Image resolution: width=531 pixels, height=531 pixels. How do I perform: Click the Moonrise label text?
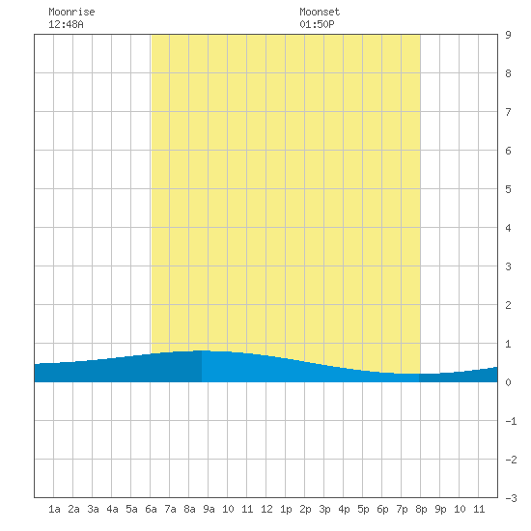(71, 12)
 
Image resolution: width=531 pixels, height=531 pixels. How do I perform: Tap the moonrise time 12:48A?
(66, 24)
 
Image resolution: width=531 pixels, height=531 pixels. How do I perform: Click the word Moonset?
(320, 12)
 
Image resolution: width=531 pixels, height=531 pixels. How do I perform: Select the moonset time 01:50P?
(317, 24)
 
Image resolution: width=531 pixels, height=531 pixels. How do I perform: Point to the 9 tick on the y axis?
(508, 35)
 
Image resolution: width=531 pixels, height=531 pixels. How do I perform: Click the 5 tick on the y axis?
(508, 189)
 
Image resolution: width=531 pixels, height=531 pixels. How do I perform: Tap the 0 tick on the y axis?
(508, 382)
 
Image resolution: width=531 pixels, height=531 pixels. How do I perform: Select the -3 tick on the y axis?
(511, 498)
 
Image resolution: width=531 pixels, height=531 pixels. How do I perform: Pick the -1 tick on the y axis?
(511, 421)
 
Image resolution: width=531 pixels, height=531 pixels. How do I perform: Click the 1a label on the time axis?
(54, 509)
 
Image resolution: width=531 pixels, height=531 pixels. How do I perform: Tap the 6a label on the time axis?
(151, 509)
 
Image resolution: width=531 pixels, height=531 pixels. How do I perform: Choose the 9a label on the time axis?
(209, 509)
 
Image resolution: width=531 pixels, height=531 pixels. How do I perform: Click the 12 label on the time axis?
(266, 509)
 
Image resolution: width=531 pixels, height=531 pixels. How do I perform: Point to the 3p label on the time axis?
(324, 509)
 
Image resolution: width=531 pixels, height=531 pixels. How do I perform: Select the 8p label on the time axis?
(421, 509)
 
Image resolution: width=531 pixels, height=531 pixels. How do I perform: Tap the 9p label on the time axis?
(440, 509)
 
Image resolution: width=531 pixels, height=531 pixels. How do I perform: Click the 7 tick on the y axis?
(508, 112)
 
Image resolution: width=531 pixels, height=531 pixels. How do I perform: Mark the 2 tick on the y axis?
(508, 305)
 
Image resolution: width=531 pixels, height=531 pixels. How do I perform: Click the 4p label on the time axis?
(344, 509)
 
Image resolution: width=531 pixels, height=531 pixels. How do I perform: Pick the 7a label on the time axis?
(170, 509)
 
